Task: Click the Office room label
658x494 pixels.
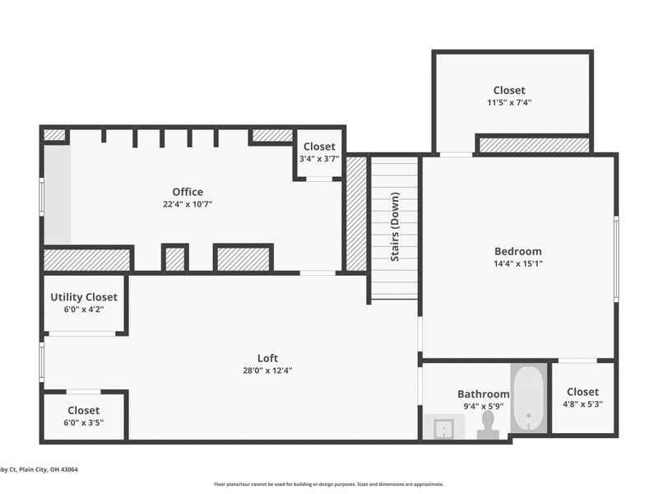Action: click(188, 192)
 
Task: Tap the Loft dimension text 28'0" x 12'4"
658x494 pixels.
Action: click(267, 370)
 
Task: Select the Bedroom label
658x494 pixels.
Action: click(518, 251)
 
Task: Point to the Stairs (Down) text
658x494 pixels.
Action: click(395, 227)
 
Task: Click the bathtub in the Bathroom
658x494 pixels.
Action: click(529, 398)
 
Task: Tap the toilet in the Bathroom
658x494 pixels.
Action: click(488, 425)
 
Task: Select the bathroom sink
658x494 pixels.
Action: click(443, 427)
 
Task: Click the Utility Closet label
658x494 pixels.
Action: click(84, 297)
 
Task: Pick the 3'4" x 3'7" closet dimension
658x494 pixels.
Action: click(319, 159)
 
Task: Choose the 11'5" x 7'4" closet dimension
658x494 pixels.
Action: click(509, 102)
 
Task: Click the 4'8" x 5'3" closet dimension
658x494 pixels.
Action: click(582, 404)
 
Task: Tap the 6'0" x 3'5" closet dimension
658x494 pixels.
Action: click(84, 422)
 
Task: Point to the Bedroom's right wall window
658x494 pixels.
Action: click(616, 259)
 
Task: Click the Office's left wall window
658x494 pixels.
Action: click(42, 197)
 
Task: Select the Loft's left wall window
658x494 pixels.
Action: click(42, 362)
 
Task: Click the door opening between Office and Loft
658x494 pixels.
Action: click(317, 273)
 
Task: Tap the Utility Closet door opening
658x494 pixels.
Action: click(82, 333)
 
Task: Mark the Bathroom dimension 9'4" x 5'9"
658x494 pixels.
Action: click(484, 406)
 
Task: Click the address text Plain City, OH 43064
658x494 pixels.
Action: click(49, 469)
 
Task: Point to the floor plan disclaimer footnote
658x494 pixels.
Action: click(328, 484)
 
